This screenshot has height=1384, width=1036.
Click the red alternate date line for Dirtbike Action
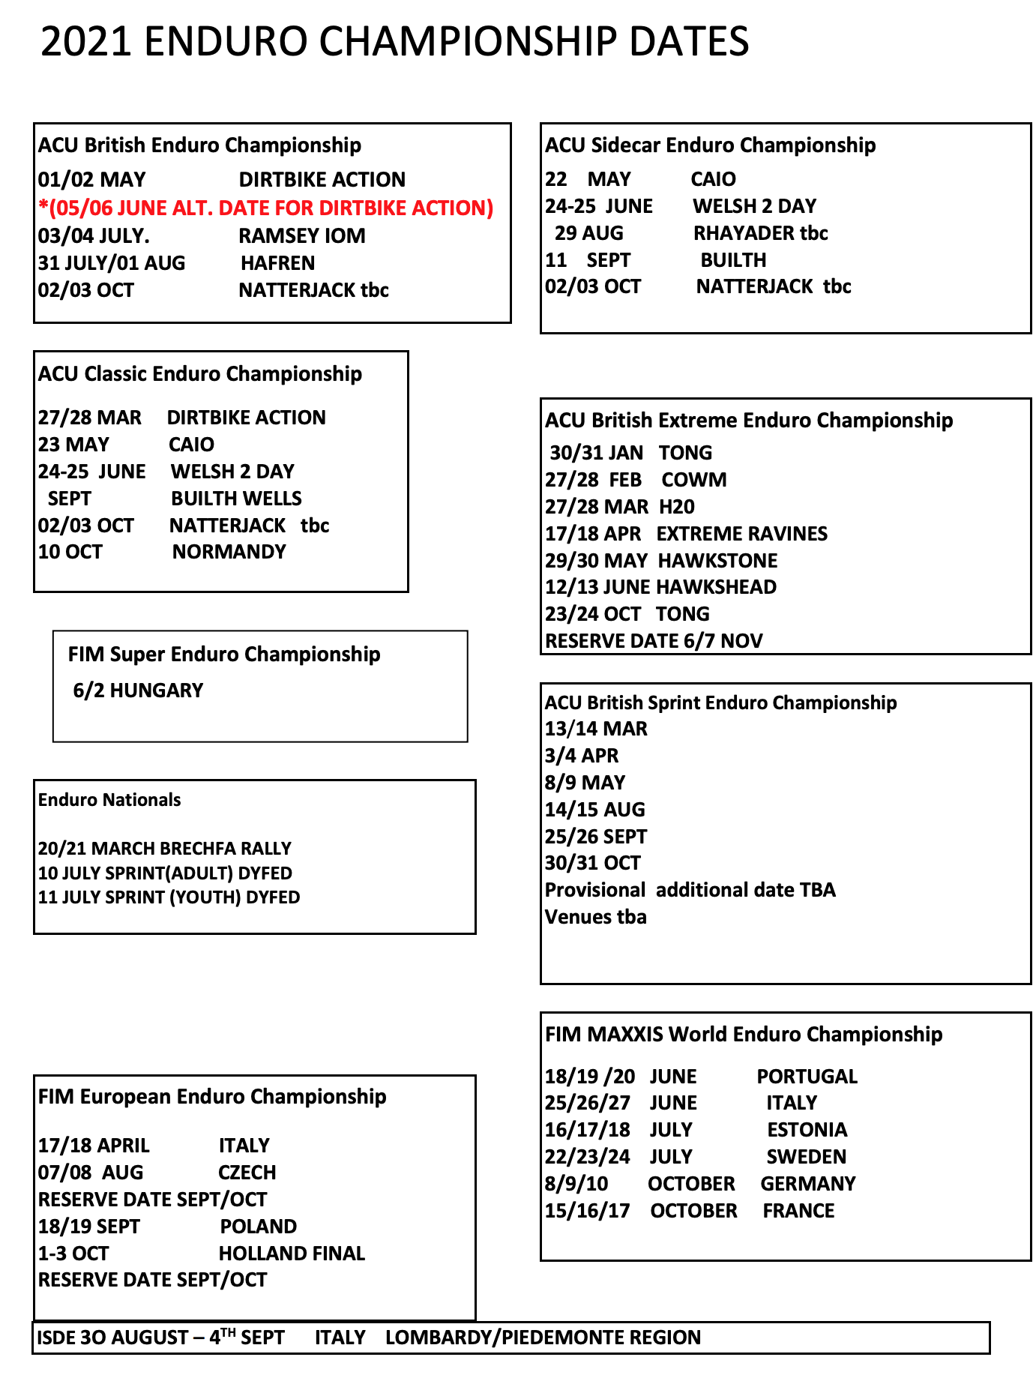click(266, 208)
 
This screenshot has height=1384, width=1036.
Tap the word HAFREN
click(277, 263)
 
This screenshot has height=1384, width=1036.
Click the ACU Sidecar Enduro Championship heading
click(710, 145)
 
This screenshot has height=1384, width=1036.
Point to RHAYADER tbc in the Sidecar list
click(760, 233)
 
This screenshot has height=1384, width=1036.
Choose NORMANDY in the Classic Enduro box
click(229, 553)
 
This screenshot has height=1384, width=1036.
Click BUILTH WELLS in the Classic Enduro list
click(236, 499)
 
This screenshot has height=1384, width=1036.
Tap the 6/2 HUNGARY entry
click(138, 691)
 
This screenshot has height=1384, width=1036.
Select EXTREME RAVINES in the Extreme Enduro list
click(741, 534)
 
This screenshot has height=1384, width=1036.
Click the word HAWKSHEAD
click(716, 587)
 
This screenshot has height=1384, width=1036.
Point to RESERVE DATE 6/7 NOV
click(654, 641)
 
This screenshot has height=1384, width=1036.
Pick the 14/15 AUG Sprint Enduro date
click(594, 810)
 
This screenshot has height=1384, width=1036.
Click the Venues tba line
click(595, 917)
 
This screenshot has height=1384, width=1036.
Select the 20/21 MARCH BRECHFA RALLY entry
click(164, 849)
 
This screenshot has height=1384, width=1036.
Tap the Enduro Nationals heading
click(109, 800)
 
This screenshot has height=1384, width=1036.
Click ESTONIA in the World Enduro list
click(807, 1130)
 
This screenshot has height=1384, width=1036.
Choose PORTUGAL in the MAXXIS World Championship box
click(807, 1077)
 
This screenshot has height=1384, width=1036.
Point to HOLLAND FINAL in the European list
click(292, 1254)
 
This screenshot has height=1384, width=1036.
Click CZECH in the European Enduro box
click(247, 1173)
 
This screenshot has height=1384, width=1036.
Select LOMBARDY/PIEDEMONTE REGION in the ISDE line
click(543, 1338)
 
